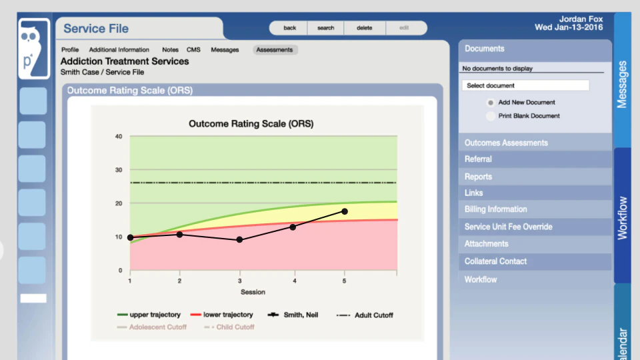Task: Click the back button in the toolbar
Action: tap(289, 28)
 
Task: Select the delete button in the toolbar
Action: tap(364, 28)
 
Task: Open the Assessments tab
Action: tap(275, 50)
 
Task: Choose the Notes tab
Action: tap(170, 50)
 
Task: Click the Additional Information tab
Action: tap(119, 50)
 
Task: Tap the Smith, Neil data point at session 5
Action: tap(345, 211)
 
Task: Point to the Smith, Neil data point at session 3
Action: tap(239, 239)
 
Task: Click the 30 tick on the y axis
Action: tap(119, 170)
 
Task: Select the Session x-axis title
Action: tap(253, 292)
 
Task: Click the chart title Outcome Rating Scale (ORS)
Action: tap(251, 124)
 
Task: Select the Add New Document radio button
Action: tap(491, 103)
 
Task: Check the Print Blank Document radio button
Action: tap(491, 116)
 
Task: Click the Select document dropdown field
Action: tap(525, 85)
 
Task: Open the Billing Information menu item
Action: tap(496, 209)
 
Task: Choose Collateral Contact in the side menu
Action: tap(495, 261)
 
